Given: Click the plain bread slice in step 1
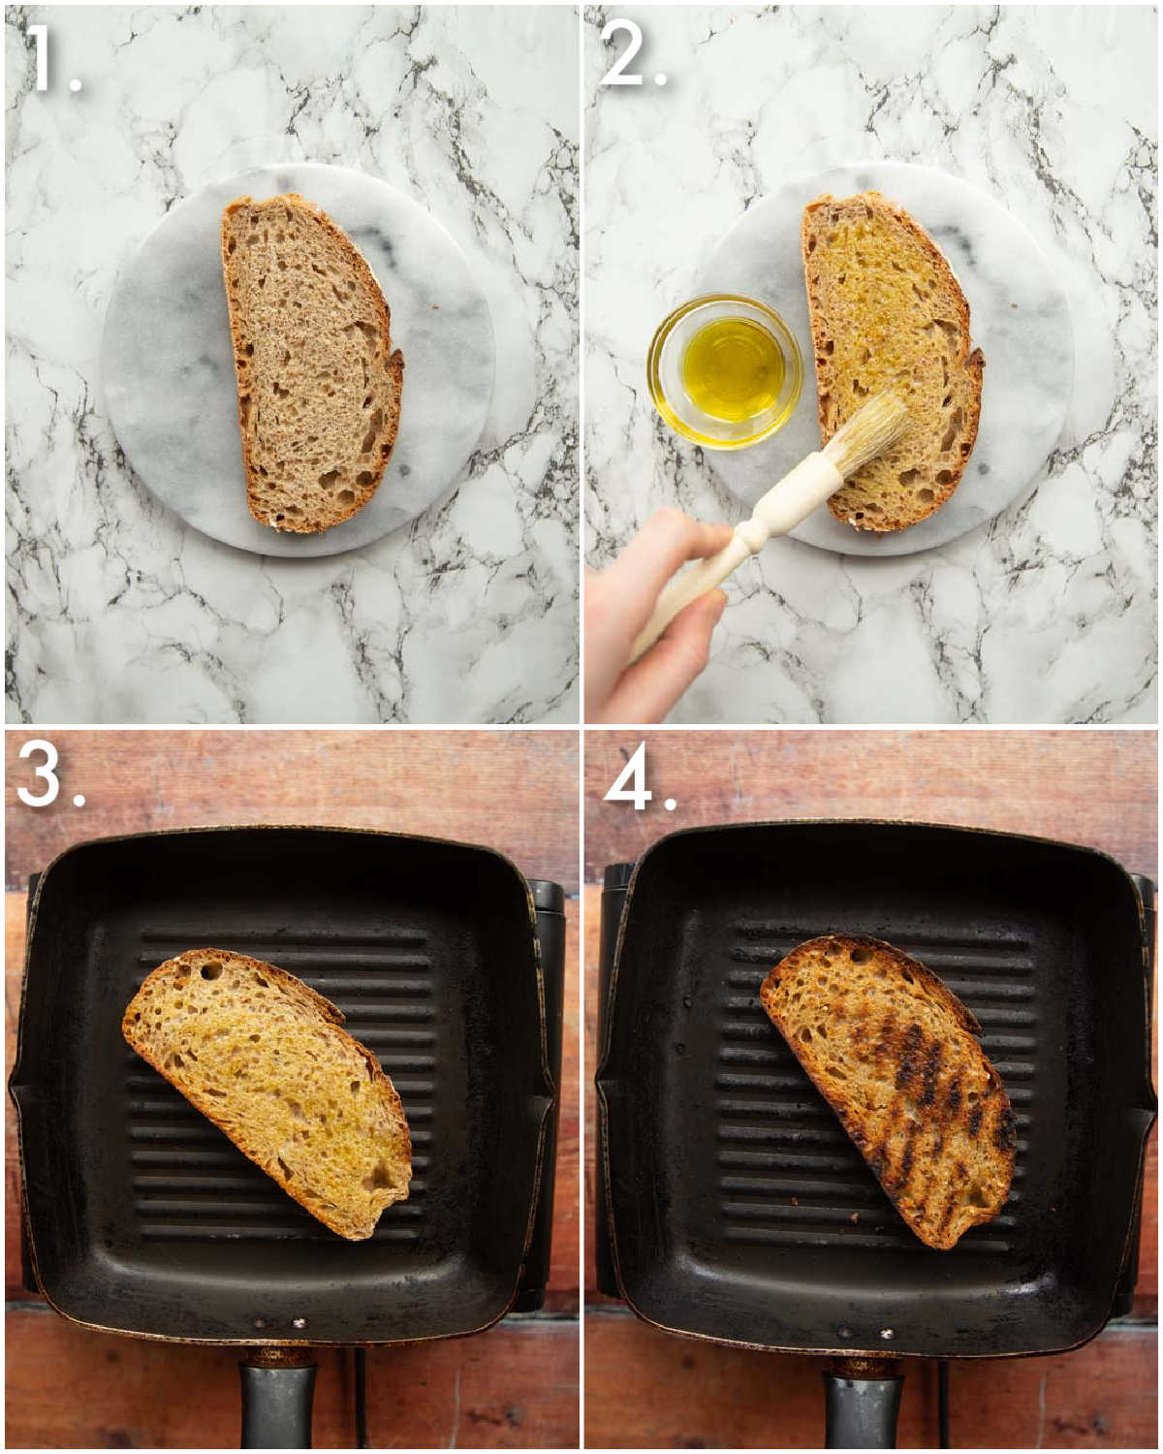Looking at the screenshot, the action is click(312, 363).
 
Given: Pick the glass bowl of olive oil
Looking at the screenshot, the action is click(725, 371).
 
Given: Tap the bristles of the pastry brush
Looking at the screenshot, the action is click(868, 432).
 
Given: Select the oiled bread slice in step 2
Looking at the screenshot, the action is click(892, 362).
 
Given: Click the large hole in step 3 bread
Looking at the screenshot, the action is click(211, 971).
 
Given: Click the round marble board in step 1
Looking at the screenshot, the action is click(298, 362).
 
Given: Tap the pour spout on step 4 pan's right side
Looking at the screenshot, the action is click(1144, 1108).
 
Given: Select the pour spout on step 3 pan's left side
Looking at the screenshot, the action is click(20, 1108).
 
